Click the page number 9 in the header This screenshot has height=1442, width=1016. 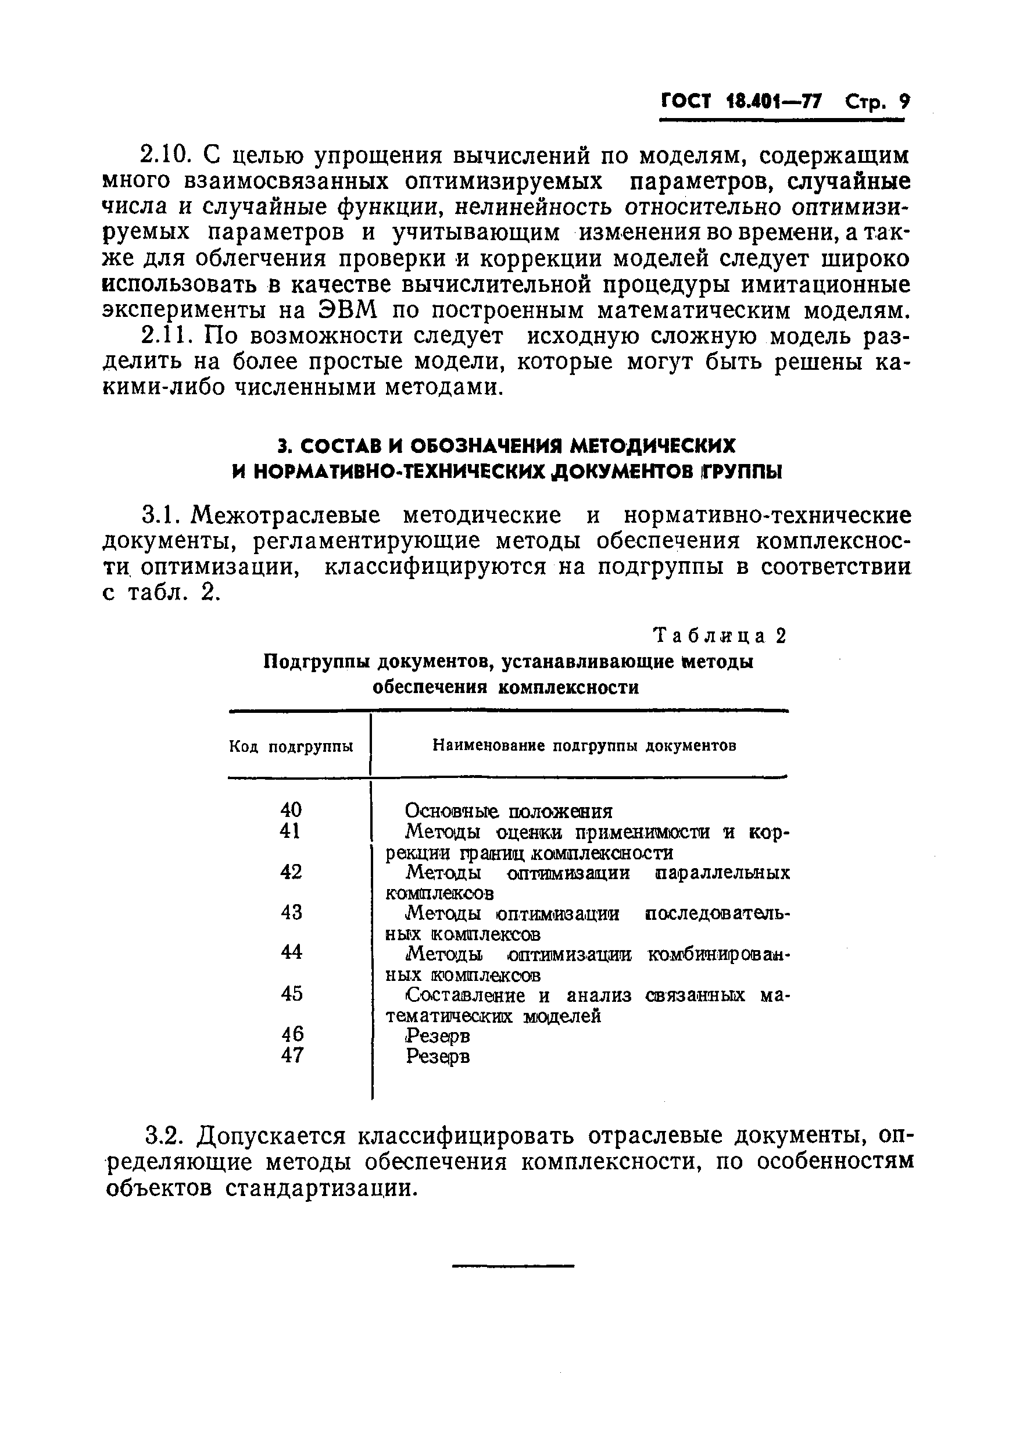pyautogui.click(x=904, y=102)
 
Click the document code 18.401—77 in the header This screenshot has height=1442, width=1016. pyautogui.click(x=773, y=102)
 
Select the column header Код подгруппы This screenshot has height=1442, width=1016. pyautogui.click(x=291, y=746)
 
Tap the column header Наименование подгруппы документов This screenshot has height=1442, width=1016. pyautogui.click(x=585, y=745)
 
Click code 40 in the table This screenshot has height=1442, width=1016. pyautogui.click(x=291, y=809)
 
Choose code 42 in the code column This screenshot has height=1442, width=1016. pyautogui.click(x=291, y=872)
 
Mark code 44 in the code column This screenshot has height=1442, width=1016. pyautogui.click(x=291, y=952)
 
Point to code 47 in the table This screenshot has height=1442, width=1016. pyautogui.click(x=292, y=1055)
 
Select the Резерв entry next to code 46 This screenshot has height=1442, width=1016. pyautogui.click(x=438, y=1036)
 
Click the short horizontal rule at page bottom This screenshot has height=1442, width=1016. pyautogui.click(x=513, y=1265)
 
